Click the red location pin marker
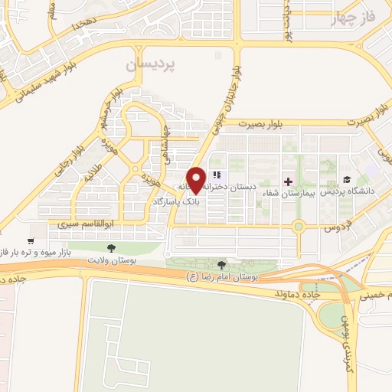coord(196,180)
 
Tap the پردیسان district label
coord(152,66)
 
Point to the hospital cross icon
coord(288,181)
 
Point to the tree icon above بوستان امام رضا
coord(223,263)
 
